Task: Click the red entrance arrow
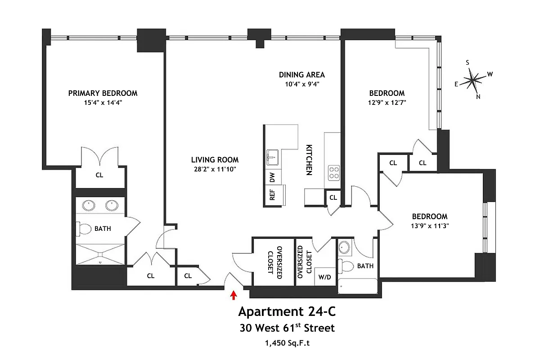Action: tap(233, 295)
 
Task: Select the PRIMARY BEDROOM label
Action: tap(103, 93)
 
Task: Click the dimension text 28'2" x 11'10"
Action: tap(215, 169)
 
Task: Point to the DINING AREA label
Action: tap(301, 75)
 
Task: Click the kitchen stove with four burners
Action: tap(333, 172)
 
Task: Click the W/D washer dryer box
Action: tap(324, 277)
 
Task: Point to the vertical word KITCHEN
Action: tap(309, 160)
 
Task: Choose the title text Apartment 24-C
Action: tap(286, 311)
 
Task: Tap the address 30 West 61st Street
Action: tap(287, 328)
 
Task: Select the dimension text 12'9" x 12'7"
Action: tap(387, 102)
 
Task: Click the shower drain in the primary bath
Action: tap(100, 261)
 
